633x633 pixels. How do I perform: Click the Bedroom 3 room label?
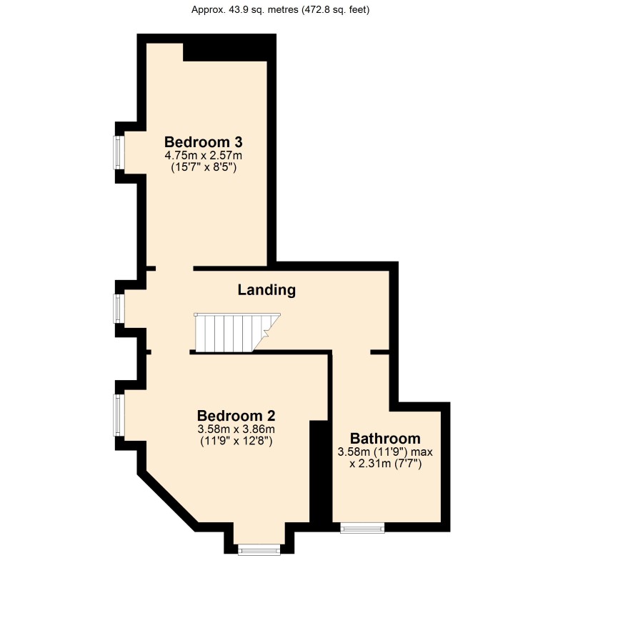coord(203,142)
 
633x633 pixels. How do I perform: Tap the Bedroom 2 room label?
coord(236,415)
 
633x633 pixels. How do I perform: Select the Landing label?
coord(266,290)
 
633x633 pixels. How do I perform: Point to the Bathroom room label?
coord(385,439)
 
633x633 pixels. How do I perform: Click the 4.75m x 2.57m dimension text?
coord(203,155)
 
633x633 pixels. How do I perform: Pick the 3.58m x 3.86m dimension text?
coord(236,429)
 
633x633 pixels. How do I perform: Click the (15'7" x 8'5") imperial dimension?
coord(204,167)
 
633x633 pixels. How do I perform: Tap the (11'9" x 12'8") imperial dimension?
coord(236,441)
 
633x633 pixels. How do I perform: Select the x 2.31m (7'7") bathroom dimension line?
coord(386,464)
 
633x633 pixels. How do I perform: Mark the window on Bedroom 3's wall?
coord(118,153)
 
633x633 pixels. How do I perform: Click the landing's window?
coord(118,309)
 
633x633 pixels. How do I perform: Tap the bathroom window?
coord(362,528)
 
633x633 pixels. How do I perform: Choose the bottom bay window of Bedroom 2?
coord(259,549)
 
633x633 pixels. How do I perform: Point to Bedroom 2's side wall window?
coord(118,415)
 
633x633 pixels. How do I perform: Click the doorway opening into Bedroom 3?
coord(174,269)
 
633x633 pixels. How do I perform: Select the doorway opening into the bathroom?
coord(352,352)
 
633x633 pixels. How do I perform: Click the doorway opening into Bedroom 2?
coord(170,352)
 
